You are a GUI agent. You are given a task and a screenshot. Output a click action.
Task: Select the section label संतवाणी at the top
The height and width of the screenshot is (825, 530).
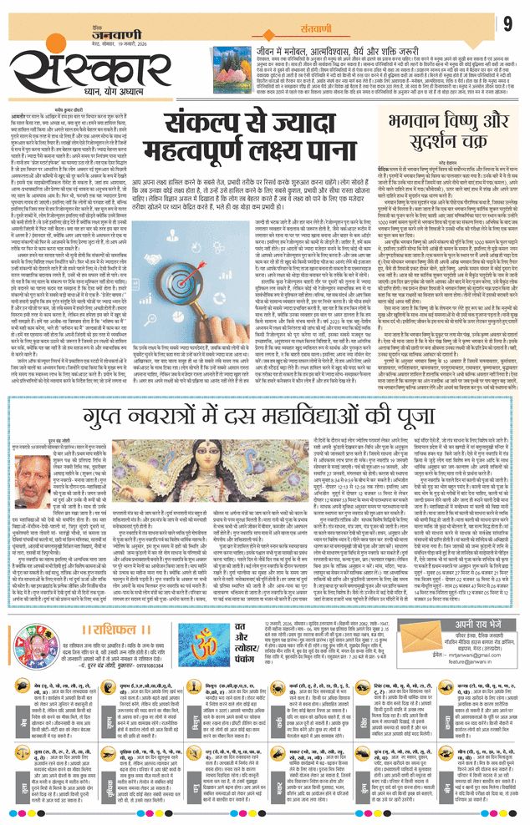301,26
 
